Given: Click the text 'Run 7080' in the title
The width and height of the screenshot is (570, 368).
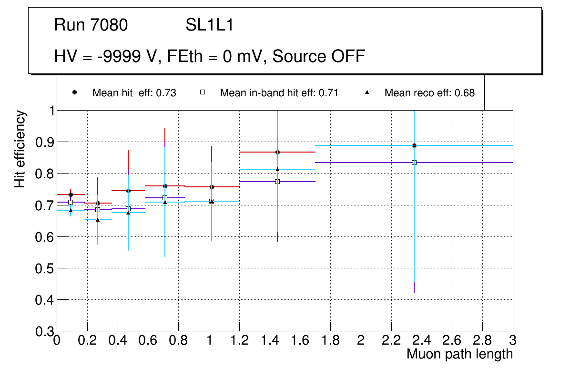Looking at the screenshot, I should pos(91,25).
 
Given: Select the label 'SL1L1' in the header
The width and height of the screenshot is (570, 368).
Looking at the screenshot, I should pos(210,25).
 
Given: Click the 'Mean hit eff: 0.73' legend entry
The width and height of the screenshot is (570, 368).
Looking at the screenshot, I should pos(134,93).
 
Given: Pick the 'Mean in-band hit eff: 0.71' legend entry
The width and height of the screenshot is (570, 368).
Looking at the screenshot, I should pos(279,93).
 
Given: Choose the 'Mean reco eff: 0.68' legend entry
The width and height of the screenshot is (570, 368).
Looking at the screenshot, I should pos(429,93).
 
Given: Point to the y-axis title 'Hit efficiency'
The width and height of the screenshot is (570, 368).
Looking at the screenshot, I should pos(20,149).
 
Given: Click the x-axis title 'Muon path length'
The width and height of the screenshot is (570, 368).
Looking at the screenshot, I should pos(459,354).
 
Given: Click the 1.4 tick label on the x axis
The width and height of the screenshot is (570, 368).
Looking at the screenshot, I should pos(269,340).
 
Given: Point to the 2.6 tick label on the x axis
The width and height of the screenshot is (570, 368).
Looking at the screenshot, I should pos(452,340).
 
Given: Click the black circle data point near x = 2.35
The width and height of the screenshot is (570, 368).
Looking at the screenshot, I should pos(414,145).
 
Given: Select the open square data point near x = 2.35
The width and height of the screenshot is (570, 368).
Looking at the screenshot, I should pos(414,163).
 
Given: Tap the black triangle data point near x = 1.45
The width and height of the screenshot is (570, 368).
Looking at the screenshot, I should pos(277,169).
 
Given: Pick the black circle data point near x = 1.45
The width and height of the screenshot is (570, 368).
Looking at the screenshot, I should pos(277,152).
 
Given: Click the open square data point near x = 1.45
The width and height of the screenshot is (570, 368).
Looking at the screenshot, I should pos(277,182).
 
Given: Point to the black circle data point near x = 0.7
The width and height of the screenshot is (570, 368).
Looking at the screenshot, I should pos(165,186).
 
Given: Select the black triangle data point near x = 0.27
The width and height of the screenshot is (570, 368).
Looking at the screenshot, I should pos(98,220).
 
